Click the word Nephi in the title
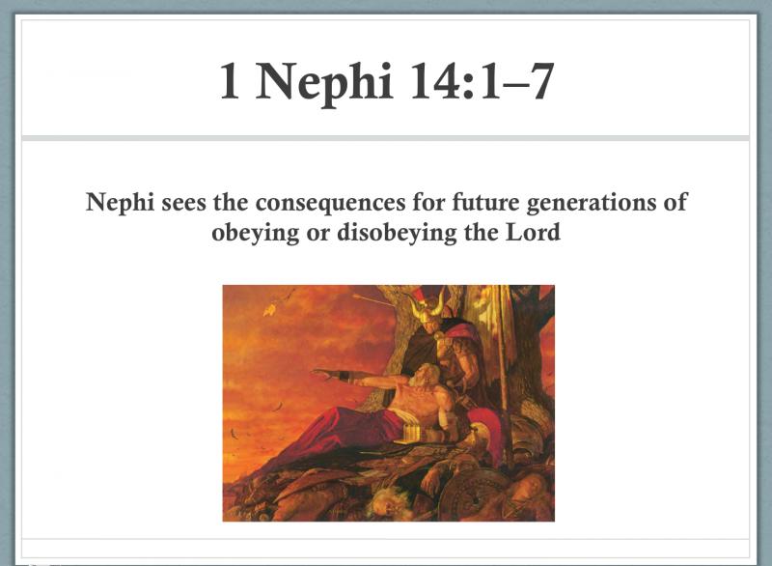click(x=323, y=83)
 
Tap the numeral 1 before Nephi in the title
click(x=230, y=81)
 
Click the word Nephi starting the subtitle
click(x=120, y=203)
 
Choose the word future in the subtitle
click(x=485, y=202)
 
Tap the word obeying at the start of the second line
click(x=255, y=234)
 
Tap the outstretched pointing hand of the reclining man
click(x=323, y=375)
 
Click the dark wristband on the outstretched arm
click(x=345, y=378)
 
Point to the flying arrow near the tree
click(x=372, y=299)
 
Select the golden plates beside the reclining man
click(x=413, y=432)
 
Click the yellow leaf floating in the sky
click(x=269, y=310)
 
